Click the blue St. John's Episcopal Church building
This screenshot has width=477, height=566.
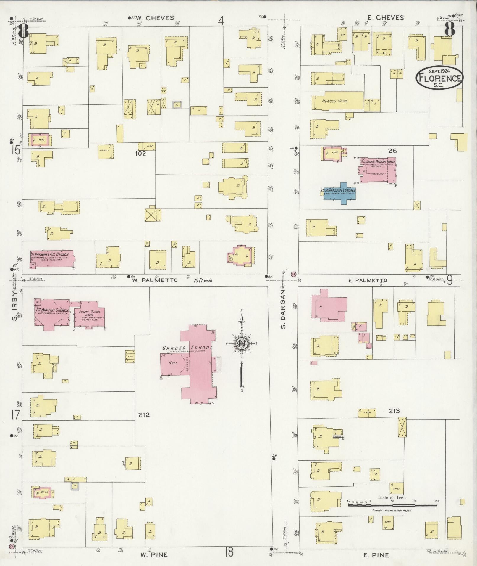pos(339,194)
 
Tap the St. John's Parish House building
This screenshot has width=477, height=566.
pos(377,170)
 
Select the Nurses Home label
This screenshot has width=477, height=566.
pos(335,101)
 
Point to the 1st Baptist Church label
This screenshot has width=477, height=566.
pos(51,310)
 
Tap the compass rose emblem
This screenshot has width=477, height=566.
pos(242,344)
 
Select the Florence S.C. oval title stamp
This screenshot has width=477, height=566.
pos(439,77)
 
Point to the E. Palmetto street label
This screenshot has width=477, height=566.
pos(368,280)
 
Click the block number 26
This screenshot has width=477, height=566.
pos(392,151)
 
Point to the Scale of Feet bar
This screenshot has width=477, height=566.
pos(393,505)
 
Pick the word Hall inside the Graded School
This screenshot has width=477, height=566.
pos(173,362)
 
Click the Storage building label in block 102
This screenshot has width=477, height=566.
pos(104,151)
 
